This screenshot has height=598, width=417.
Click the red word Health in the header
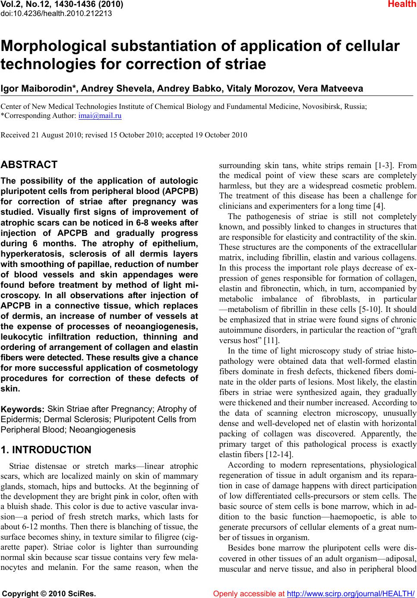(x=401, y=5)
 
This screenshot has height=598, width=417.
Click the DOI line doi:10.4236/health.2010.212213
(x=57, y=13)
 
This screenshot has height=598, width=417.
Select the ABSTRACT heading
(x=29, y=165)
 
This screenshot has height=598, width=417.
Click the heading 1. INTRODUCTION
(x=46, y=450)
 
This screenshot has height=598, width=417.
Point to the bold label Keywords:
(x=23, y=409)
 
